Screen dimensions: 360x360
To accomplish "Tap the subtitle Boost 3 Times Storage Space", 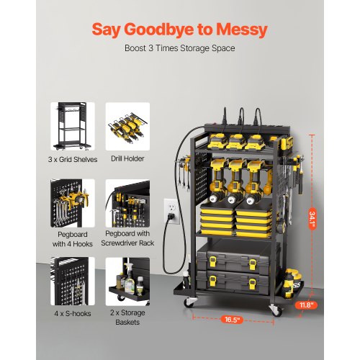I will tap(179, 50).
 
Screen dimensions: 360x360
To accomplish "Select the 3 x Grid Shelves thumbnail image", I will tap(72, 125).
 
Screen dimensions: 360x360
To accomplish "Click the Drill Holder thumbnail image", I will tap(127, 125).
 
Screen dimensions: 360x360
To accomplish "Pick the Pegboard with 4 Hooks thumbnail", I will tap(72, 202).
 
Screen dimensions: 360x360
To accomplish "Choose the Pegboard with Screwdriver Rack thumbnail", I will tap(127, 202).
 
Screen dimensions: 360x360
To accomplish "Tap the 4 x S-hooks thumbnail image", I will tap(72, 280).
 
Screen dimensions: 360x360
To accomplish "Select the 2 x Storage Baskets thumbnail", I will tap(127, 280).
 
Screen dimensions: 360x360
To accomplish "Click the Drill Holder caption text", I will tap(127, 158).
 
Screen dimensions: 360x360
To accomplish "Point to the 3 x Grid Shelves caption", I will tap(72, 158).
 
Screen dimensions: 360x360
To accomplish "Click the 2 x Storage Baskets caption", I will tap(127, 318).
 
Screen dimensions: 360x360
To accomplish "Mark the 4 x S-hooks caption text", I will tap(72, 313).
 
